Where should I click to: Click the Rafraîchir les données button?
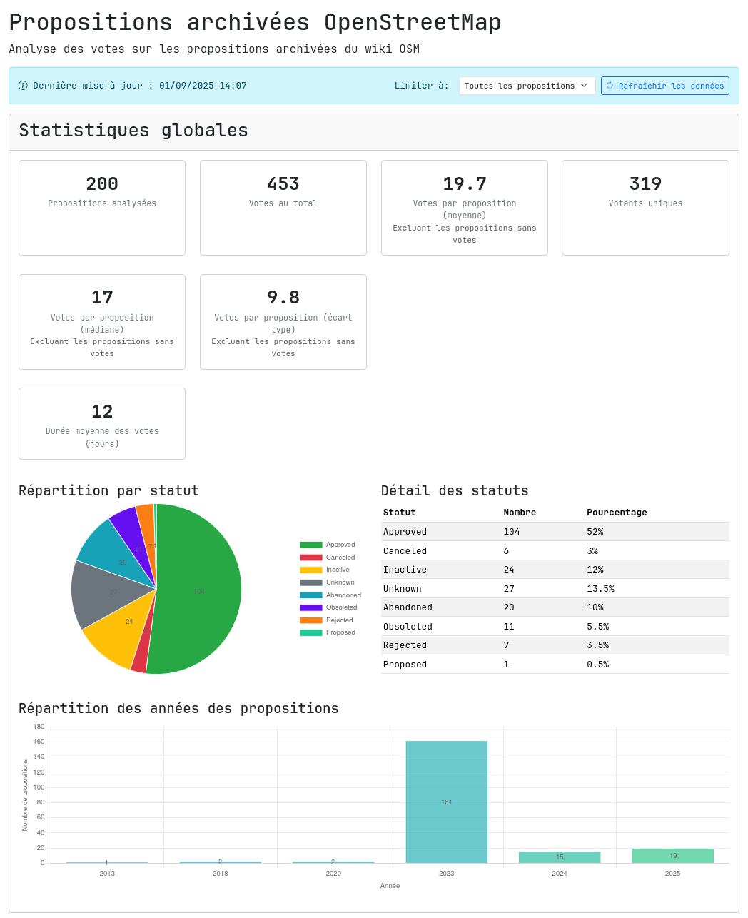pos(664,86)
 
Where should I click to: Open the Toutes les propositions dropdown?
pos(527,86)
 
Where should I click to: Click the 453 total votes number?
pos(283,184)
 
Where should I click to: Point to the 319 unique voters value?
pos(645,184)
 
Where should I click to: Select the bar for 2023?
pos(446,802)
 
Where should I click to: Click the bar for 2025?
pos(672,856)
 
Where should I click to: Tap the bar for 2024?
pos(560,857)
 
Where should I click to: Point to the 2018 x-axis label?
pos(220,873)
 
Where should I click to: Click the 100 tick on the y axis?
pos(39,787)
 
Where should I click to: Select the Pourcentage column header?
pos(617,513)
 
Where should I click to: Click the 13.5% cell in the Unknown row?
pos(600,589)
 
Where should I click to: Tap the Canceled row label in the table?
pos(405,551)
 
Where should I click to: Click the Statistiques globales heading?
pos(133,131)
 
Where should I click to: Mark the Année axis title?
pos(390,886)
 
